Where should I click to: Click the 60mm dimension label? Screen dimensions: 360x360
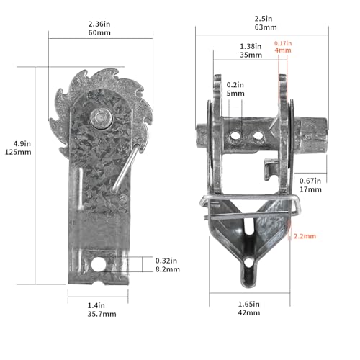click(x=99, y=32)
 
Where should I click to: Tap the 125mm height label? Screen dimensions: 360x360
click(x=18, y=152)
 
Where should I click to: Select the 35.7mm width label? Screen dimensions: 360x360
click(x=102, y=314)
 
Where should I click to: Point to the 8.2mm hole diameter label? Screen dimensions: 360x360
click(x=168, y=269)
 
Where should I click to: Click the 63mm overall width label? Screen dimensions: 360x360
click(x=266, y=27)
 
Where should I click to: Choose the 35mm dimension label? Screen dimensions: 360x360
click(x=251, y=55)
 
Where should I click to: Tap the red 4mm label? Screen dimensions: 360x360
click(x=283, y=50)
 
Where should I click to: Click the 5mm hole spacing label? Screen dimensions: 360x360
click(x=235, y=94)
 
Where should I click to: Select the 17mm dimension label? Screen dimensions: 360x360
click(x=310, y=189)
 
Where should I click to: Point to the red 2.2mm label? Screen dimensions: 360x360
click(x=305, y=236)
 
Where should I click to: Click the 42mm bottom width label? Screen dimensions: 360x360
click(x=249, y=312)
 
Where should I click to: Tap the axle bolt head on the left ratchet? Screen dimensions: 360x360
click(x=102, y=118)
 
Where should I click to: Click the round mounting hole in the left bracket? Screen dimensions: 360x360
click(x=99, y=264)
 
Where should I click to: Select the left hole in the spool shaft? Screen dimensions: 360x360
click(x=235, y=136)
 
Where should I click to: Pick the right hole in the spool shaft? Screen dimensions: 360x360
click(x=258, y=135)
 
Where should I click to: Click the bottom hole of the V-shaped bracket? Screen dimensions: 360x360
click(x=249, y=261)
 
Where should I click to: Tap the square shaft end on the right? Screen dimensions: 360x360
click(x=311, y=135)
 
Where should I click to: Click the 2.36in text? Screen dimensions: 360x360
click(x=99, y=24)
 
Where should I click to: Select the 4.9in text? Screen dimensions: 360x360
click(x=22, y=144)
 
